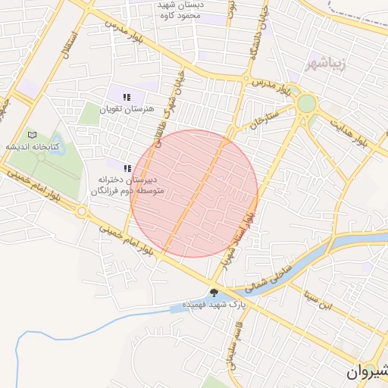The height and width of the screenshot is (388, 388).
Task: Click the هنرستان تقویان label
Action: pyautogui.click(x=132, y=109)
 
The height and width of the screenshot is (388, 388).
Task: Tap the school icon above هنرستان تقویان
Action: pyautogui.click(x=127, y=97)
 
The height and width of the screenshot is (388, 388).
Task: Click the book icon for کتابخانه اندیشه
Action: pyautogui.click(x=31, y=134)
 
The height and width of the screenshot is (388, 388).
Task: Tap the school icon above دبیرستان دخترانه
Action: pyautogui.click(x=127, y=167)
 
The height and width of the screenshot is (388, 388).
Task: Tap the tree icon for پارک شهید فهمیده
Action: pyautogui.click(x=214, y=293)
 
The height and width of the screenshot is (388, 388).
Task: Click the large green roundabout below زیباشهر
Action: pyautogui.click(x=306, y=103)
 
